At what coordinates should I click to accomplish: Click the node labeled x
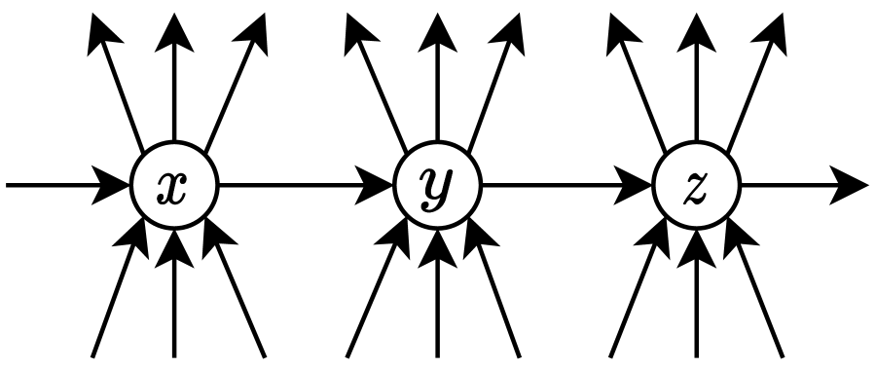tap(174, 184)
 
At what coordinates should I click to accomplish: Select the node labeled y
tap(437, 184)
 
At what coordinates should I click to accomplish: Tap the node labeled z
tap(696, 184)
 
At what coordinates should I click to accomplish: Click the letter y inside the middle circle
tap(437, 186)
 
